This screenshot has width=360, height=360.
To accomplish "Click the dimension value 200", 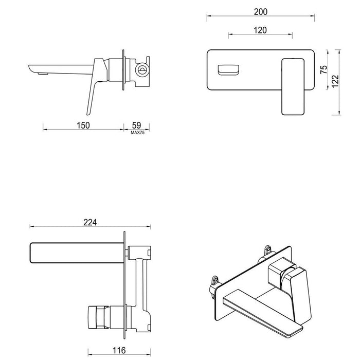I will [x=261, y=11].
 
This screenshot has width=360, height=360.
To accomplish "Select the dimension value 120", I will [x=260, y=30].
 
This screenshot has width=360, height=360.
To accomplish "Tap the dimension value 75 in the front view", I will [x=323, y=70].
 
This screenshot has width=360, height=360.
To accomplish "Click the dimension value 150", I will [x=83, y=125].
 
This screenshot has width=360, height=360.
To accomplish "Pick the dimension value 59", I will [x=137, y=125].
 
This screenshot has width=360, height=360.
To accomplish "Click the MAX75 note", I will [x=137, y=132].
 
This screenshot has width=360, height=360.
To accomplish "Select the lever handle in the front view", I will [x=293, y=86].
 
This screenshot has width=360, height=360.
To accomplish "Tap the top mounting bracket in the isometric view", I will [x=266, y=249].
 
